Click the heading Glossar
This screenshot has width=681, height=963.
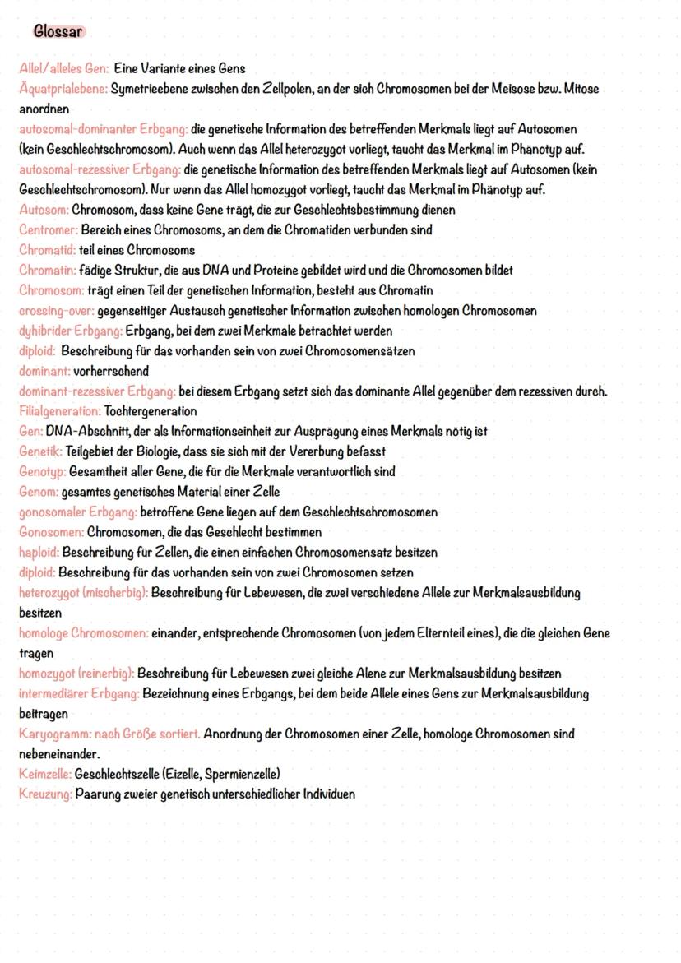pyautogui.click(x=58, y=32)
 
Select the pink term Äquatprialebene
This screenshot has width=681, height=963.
pyautogui.click(x=63, y=89)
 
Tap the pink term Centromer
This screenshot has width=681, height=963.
pyautogui.click(x=48, y=229)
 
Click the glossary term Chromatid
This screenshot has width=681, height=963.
pyautogui.click(x=47, y=250)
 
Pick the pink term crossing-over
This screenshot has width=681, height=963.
pyautogui.click(x=56, y=311)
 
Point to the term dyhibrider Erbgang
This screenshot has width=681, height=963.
pyautogui.click(x=70, y=331)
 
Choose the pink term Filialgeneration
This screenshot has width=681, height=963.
pyautogui.click(x=59, y=411)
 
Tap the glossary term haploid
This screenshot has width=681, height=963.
pyautogui.click(x=39, y=552)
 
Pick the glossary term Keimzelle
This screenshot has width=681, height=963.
pyautogui.click(x=44, y=774)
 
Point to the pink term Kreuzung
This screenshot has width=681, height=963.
pyautogui.click(x=45, y=794)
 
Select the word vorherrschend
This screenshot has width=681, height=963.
pyautogui.click(x=112, y=371)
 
